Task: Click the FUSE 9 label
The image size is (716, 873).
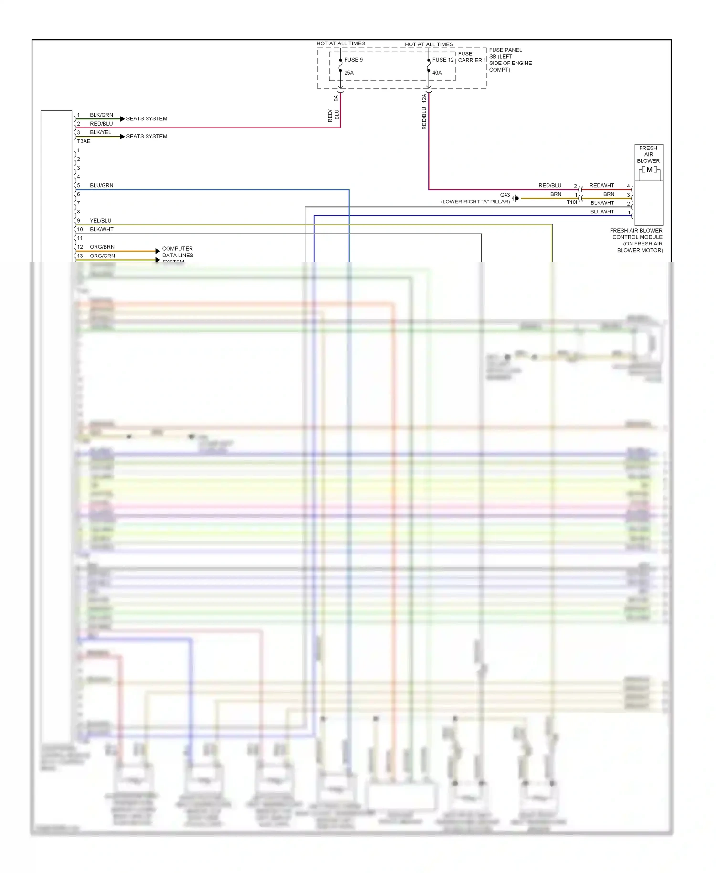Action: (x=353, y=60)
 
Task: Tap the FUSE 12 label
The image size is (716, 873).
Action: (x=442, y=60)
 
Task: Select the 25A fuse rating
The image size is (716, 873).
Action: (x=349, y=73)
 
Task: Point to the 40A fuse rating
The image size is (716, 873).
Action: (x=437, y=73)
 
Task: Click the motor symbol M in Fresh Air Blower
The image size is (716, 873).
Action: (x=649, y=170)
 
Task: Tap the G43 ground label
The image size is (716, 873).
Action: (x=505, y=195)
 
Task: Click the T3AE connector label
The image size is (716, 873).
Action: (x=84, y=141)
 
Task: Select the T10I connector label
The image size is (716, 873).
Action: (x=571, y=202)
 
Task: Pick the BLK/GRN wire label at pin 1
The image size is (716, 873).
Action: (x=101, y=115)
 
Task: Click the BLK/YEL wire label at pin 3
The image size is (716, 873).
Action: (x=100, y=132)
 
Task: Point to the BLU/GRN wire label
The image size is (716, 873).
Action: (x=101, y=185)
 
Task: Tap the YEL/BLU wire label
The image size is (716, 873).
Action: (x=100, y=221)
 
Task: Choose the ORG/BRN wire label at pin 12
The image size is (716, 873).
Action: (x=102, y=247)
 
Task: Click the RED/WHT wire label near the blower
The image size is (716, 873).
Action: (x=601, y=185)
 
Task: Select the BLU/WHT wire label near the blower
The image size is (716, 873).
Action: (x=602, y=212)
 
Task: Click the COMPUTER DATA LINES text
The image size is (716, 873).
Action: (x=177, y=252)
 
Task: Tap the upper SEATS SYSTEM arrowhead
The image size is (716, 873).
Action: (x=122, y=118)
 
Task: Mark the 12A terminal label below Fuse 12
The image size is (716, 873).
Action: (x=424, y=98)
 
